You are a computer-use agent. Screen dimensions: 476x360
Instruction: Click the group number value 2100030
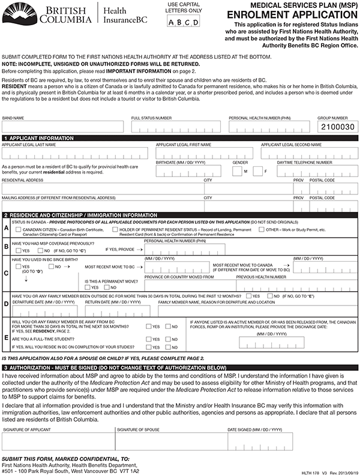pos(338,127)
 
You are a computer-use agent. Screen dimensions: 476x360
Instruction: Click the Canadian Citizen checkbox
pos(19,229)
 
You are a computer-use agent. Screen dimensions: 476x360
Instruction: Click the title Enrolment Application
pos(292,14)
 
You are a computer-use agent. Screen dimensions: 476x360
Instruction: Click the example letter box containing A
pos(172,23)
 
